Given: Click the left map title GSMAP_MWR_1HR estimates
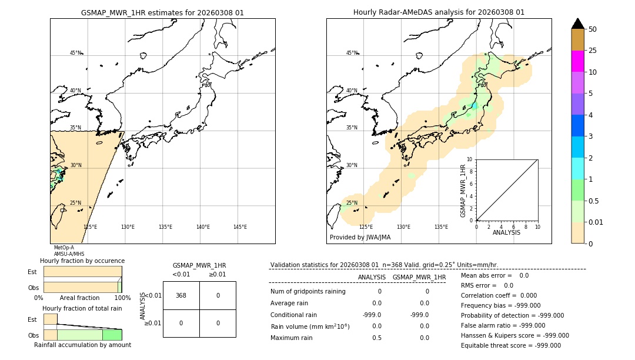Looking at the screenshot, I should pyautogui.click(x=162, y=12).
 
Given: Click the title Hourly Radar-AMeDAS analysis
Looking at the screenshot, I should pyautogui.click(x=439, y=12).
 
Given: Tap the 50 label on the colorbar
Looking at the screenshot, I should pyautogui.click(x=593, y=29).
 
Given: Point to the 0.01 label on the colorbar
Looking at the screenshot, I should pyautogui.click(x=596, y=222).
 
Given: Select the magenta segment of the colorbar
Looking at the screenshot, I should pyautogui.click(x=577, y=61).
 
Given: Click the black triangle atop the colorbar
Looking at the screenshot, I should pyautogui.click(x=577, y=24).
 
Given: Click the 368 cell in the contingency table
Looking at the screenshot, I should pyautogui.click(x=181, y=295).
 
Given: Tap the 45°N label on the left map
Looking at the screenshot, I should pyautogui.click(x=75, y=53).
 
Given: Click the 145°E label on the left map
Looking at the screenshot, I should pyautogui.click(x=240, y=227).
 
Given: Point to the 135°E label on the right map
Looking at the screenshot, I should pyautogui.click(x=441, y=227).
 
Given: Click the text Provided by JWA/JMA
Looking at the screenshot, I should pyautogui.click(x=360, y=237).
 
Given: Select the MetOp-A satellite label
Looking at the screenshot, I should pyautogui.click(x=64, y=248).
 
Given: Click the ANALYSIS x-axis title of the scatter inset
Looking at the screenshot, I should pyautogui.click(x=506, y=232).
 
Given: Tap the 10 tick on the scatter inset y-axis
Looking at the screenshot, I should pyautogui.click(x=470, y=159).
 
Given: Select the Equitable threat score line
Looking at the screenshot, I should pyautogui.click(x=510, y=345).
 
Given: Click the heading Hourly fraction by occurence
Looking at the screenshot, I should pyautogui.click(x=82, y=261).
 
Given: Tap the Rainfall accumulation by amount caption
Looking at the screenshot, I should pyautogui.click(x=82, y=345).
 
